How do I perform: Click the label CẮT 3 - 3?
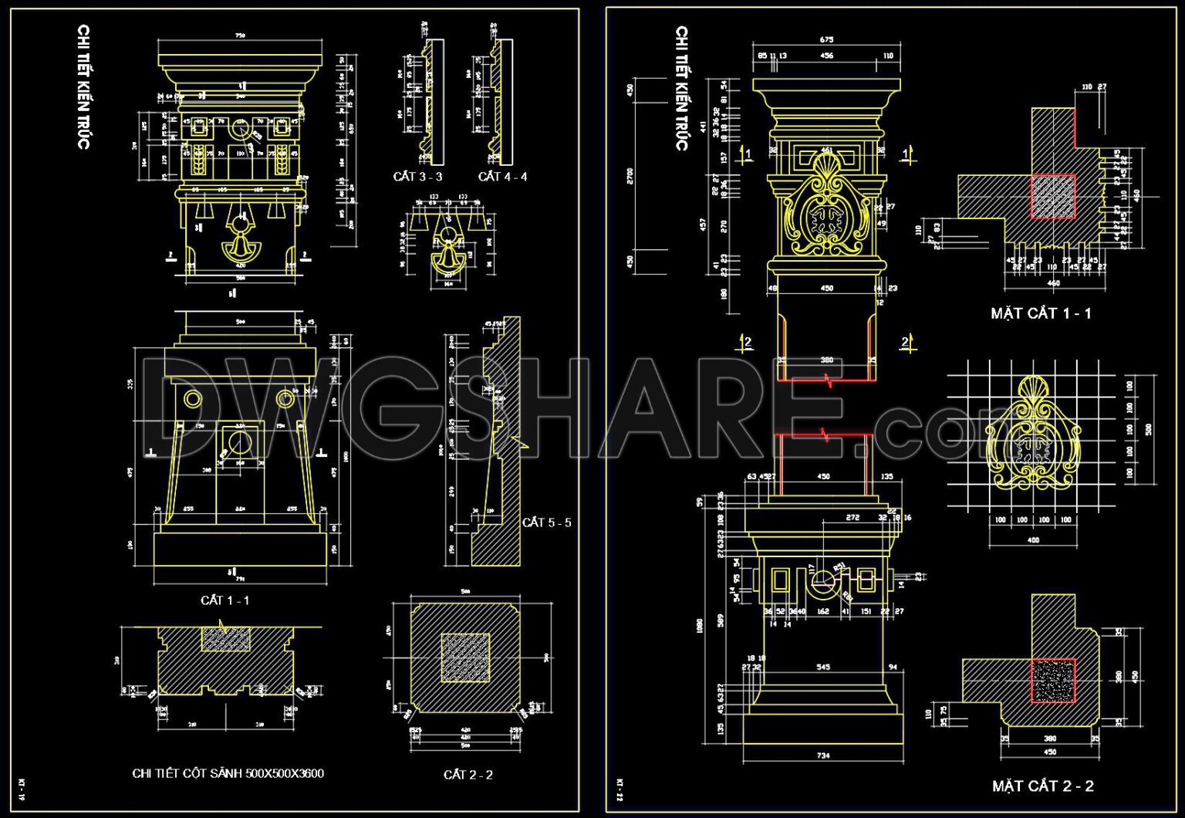tap(417, 177)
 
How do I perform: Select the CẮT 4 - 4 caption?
tap(502, 177)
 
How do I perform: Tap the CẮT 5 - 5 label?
tap(546, 522)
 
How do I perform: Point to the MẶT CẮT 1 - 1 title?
tap(1041, 313)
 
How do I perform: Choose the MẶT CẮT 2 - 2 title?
tap(1042, 786)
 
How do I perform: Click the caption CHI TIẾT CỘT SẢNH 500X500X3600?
tap(228, 773)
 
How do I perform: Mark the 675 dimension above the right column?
tap(825, 39)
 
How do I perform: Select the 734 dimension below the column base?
tap(822, 755)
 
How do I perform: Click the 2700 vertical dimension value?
tap(630, 176)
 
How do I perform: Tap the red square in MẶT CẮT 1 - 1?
tap(1053, 197)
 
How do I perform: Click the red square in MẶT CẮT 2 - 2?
tap(1053, 681)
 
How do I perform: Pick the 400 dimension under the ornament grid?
tap(1033, 540)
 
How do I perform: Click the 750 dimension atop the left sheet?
tap(240, 35)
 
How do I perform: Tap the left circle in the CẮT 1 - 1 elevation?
tap(191, 399)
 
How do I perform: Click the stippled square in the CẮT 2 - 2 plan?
tap(465, 657)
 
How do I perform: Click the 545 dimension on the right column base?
tap(822, 667)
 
